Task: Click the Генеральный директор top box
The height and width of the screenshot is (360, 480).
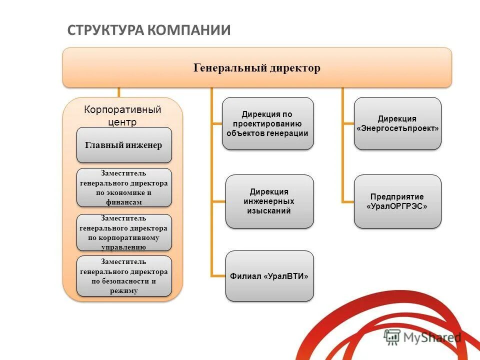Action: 257,67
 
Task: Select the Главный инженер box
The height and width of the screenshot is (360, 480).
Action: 124,145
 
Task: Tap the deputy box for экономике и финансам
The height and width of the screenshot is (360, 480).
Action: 124,187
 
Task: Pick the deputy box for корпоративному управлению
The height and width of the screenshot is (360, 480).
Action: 124,232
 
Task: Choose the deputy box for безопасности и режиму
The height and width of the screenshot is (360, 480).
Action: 124,276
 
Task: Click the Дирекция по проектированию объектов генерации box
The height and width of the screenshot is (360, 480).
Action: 267,123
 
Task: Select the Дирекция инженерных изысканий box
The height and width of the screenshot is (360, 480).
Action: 269,201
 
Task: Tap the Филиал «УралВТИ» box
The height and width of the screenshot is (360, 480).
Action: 269,276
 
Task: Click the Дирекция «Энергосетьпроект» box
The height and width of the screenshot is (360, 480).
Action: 397,123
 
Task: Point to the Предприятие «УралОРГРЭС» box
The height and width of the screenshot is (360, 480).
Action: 397,201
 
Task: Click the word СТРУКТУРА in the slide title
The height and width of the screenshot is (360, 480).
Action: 105,30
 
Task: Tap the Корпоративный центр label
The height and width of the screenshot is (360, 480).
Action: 122,115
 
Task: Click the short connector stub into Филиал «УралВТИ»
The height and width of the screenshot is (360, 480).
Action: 218,276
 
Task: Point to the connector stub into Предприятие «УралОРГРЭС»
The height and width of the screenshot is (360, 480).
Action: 348,201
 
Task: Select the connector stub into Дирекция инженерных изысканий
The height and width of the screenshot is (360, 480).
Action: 218,201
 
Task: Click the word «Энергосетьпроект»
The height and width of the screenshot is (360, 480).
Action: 397,128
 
